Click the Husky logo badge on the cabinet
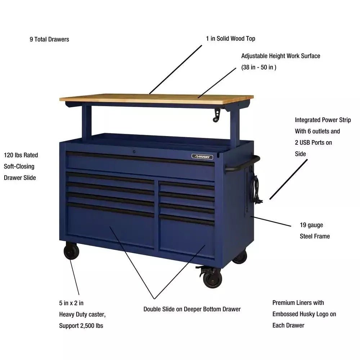click(x=202, y=157)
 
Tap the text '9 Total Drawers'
click(x=49, y=39)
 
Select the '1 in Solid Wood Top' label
click(x=231, y=39)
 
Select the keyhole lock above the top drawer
click(x=134, y=152)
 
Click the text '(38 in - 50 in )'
click(x=258, y=67)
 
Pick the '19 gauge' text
click(x=311, y=225)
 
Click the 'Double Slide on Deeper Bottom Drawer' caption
click(x=192, y=309)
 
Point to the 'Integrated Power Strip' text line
click(x=323, y=120)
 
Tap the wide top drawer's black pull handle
click(x=140, y=158)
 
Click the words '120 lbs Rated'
click(x=21, y=155)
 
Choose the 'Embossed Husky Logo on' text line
click(x=304, y=314)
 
